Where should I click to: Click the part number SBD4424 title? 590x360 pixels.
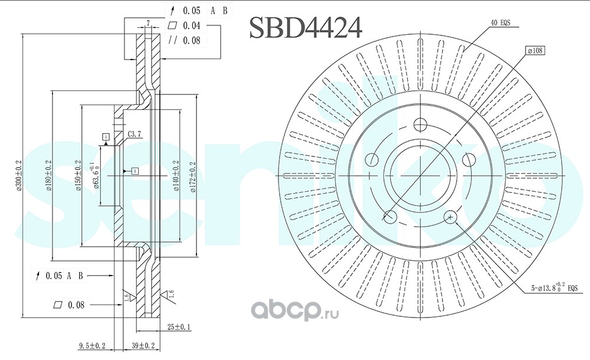305,27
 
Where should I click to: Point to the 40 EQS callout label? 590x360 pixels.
500,22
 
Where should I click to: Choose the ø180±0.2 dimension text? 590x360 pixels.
49,176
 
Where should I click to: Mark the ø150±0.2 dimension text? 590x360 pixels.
77,176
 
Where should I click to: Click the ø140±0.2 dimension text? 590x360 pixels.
175,176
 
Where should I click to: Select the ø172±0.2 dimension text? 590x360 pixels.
192,176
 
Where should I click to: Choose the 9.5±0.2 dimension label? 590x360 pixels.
92,345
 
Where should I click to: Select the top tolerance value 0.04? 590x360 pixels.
191,25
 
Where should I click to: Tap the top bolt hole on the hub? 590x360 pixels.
420,125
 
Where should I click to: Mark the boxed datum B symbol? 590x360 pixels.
135,171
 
